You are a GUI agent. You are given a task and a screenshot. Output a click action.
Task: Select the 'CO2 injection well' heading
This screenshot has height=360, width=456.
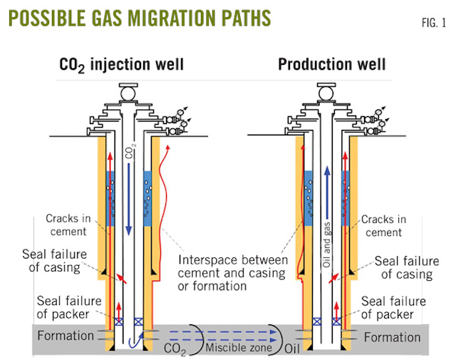(x=121, y=65)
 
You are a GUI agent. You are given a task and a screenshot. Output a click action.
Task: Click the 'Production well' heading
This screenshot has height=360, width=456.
(x=332, y=65)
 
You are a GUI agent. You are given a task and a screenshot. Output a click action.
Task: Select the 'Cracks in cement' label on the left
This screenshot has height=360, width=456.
(x=66, y=225)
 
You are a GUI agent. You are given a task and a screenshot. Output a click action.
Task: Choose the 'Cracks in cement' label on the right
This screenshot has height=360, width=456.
(x=384, y=225)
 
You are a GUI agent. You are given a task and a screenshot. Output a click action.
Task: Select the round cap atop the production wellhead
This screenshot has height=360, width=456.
(x=326, y=92)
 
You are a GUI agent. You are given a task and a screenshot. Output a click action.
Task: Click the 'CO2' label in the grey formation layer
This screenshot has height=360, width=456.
(x=175, y=348)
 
